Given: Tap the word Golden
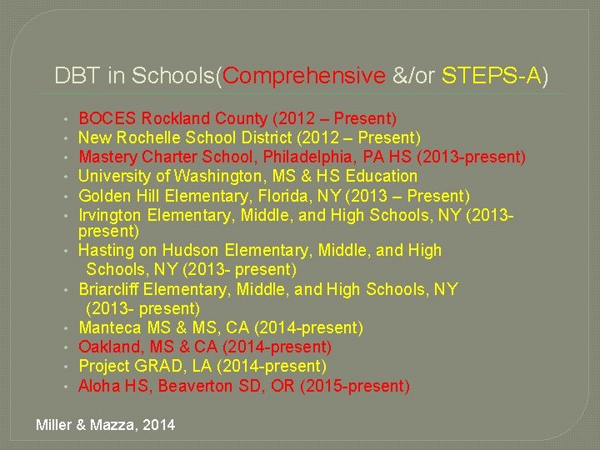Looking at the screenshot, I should [x=103, y=196].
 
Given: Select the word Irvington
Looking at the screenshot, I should [x=108, y=215].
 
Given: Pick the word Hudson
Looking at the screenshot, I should [x=190, y=250].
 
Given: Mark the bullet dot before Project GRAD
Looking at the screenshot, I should [x=65, y=367].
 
